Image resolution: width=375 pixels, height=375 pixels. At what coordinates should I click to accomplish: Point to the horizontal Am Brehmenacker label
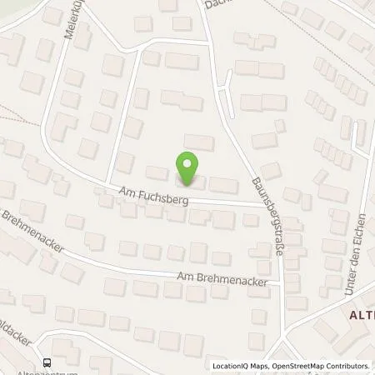pos(214,276)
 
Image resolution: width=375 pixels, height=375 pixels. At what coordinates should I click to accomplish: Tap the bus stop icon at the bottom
pos(47,362)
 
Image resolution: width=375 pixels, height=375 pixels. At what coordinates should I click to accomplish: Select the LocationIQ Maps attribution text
pos(242,366)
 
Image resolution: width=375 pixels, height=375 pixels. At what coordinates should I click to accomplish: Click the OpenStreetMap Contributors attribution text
pos(321,366)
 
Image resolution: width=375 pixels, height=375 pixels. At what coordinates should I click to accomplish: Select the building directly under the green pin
pos(189,182)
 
